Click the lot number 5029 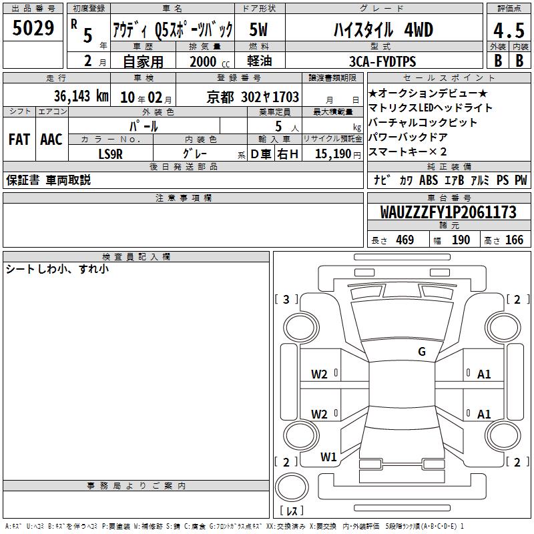point(33,28)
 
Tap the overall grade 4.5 point(509,30)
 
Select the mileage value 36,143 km point(81,96)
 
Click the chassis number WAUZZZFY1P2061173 point(448,212)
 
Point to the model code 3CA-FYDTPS point(382,61)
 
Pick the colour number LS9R point(110,154)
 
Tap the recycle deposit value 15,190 point(332,154)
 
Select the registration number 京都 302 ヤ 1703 point(253,97)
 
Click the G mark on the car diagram point(422,352)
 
